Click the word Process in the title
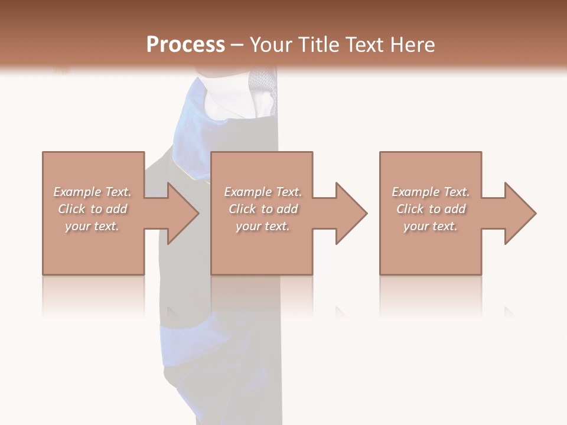coord(185,45)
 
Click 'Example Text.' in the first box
coord(92,192)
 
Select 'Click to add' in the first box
coord(92,209)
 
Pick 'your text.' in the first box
coord(92,226)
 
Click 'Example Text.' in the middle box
coord(263,192)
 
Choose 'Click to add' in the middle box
coord(263,209)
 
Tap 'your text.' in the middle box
coord(263,226)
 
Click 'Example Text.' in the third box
coord(431,192)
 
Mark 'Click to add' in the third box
coord(431,209)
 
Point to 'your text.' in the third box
coord(431,226)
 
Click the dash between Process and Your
coord(237,45)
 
